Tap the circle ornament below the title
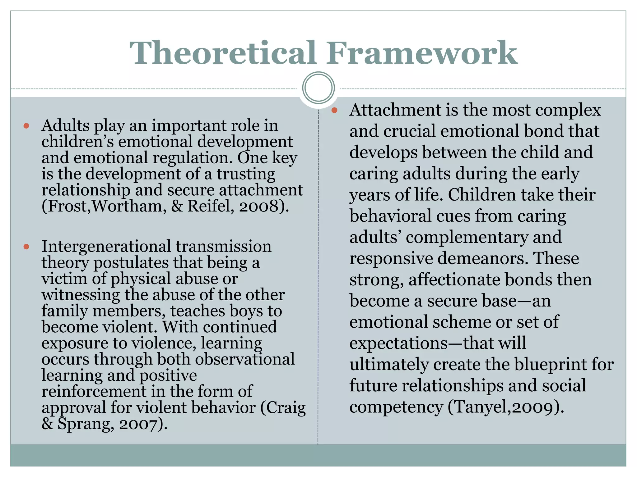point(318,88)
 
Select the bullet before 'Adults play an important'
point(26,126)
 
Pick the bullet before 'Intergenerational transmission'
point(26,247)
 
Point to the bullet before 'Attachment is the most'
point(334,110)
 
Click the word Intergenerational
point(106,247)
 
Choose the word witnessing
point(81,295)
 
